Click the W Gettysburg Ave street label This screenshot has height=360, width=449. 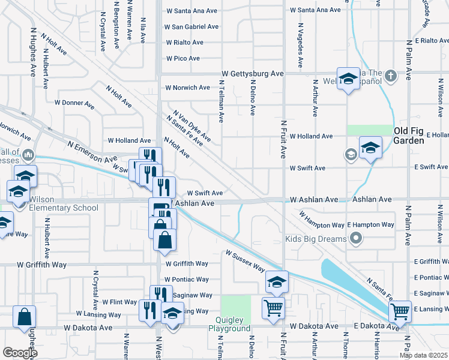click(253, 73)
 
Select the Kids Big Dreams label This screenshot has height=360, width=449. click(316, 239)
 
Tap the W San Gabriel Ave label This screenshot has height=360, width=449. click(191, 27)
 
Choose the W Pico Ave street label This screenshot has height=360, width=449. click(182, 58)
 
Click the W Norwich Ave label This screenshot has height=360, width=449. click(187, 88)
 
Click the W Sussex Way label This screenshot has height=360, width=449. click(245, 261)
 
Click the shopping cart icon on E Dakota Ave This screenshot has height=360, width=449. click(399, 311)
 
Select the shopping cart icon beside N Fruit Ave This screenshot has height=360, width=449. click(273, 308)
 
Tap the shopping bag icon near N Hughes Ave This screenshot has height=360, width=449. click(25, 316)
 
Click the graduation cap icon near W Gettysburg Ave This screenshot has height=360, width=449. click(348, 79)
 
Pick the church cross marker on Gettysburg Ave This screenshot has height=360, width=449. click(391, 76)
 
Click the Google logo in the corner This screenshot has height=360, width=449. click(20, 353)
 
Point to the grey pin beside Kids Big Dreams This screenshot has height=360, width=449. click(356, 239)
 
